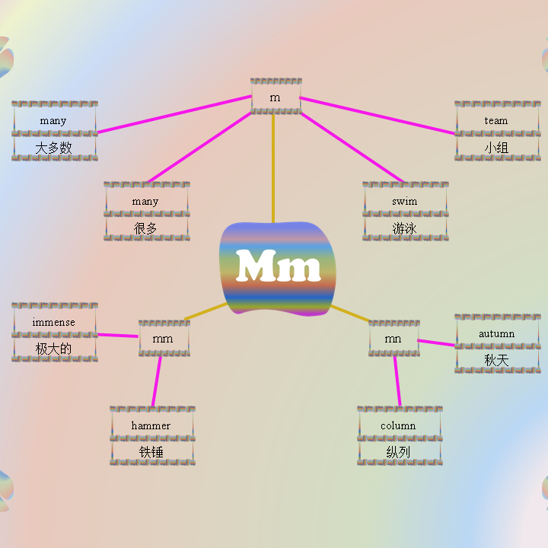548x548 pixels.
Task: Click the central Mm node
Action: click(x=278, y=268)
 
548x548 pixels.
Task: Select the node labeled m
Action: click(x=276, y=97)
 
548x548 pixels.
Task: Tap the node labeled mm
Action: click(x=163, y=339)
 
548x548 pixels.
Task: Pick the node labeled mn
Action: click(x=393, y=339)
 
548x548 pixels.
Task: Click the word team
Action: click(x=496, y=120)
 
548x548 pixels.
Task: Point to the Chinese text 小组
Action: click(x=496, y=148)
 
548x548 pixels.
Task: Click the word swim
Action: click(x=405, y=201)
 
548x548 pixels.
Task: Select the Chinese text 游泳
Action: click(x=405, y=228)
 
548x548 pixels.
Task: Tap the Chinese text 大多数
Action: click(x=54, y=148)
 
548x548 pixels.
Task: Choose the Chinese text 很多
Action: click(x=145, y=228)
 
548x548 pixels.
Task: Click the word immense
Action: click(x=54, y=322)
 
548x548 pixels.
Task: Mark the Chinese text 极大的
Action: click(x=54, y=349)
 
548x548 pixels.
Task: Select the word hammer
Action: click(x=151, y=425)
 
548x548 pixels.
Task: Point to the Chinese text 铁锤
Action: click(x=151, y=452)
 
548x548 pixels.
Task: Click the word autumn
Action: click(x=496, y=333)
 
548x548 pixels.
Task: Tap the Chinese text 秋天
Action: click(x=496, y=360)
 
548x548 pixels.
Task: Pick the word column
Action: click(x=398, y=425)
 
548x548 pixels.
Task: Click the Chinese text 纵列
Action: click(x=398, y=452)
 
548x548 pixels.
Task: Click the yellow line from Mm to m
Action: click(x=273, y=167)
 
